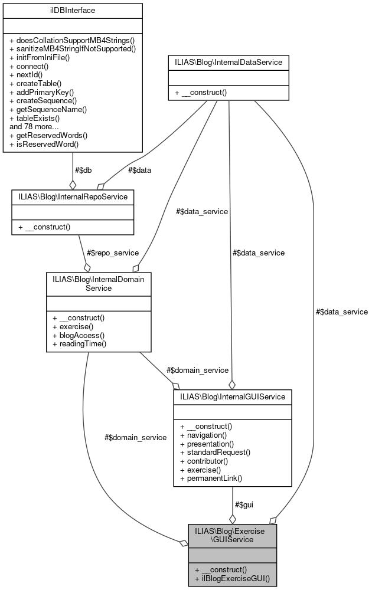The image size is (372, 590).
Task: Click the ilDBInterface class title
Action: [73, 10]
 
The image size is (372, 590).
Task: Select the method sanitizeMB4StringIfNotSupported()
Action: [73, 48]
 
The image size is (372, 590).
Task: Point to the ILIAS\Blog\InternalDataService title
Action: [229, 61]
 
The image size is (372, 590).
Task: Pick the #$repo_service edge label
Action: [112, 253]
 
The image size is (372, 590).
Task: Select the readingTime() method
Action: [79, 343]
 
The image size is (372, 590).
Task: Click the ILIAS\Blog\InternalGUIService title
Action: [232, 397]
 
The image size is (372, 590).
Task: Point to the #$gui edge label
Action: [244, 505]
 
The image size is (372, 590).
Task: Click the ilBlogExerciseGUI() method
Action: [232, 579]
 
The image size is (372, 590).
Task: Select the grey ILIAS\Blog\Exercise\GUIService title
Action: [232, 535]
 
